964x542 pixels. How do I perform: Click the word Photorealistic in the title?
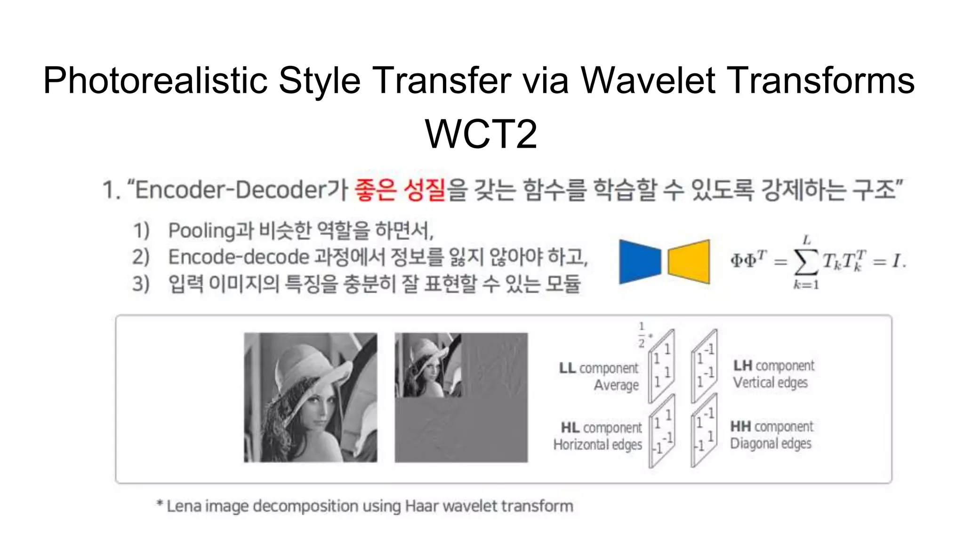coord(155,81)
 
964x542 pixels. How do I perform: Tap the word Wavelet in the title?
coord(648,81)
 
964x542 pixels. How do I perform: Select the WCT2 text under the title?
coord(481,134)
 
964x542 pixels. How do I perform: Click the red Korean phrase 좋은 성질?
coord(400,190)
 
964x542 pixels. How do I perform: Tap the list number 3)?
coord(141,284)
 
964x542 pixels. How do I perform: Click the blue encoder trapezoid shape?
coord(639,262)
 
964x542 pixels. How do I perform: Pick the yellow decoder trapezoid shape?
coord(689,262)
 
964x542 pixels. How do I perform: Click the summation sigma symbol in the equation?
coord(805,262)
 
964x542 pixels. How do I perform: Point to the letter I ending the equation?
coord(896,260)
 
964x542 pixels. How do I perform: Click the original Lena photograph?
coord(310,398)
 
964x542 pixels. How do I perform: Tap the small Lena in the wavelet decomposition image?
coord(428,365)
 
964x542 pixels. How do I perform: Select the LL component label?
coord(598,368)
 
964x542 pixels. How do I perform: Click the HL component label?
coord(601,428)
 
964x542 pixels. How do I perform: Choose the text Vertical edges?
coord(770,383)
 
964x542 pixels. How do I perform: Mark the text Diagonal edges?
coord(771,443)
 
